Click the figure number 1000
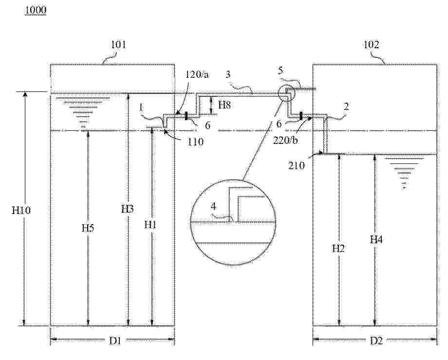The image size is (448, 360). [36, 10]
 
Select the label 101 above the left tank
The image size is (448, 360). [118, 45]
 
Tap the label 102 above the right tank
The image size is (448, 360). [371, 45]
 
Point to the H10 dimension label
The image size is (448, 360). [21, 210]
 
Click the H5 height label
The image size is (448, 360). [88, 228]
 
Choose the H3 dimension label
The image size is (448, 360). [127, 209]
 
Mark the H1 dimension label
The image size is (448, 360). [150, 225]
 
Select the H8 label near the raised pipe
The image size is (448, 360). [224, 105]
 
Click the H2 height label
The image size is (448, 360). [338, 249]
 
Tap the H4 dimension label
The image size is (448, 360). [376, 239]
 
